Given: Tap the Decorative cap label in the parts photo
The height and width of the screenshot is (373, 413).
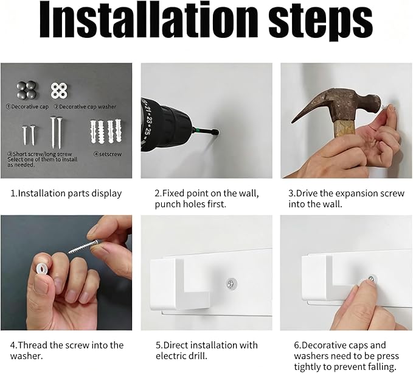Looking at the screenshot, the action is point(27,107).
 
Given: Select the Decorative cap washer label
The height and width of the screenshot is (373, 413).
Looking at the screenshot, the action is point(85,107).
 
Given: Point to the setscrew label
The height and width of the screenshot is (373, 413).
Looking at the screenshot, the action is point(108,154).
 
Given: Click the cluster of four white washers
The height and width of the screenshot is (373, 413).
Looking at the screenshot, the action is point(59,90).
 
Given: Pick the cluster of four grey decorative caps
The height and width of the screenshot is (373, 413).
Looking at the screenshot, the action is point(27,90).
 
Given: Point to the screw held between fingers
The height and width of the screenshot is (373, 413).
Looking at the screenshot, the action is point(83,246).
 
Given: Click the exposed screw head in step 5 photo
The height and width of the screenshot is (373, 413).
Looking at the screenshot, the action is point(232,284).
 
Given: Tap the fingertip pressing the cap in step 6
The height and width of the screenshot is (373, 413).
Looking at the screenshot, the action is point(367,286).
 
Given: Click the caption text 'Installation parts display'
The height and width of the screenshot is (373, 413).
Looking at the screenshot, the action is point(66,193).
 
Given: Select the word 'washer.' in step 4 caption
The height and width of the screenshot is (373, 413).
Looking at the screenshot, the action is point(26,356).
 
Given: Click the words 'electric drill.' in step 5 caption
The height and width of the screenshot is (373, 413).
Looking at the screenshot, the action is point(181,356).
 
